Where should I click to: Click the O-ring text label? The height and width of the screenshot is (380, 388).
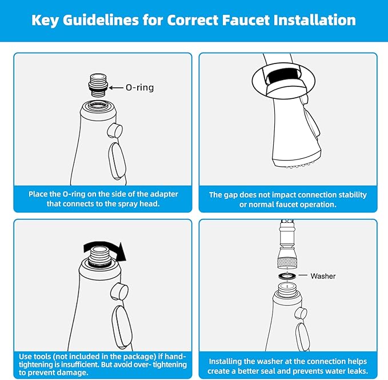click(139, 88)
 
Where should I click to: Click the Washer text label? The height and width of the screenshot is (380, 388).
click(323, 276)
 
